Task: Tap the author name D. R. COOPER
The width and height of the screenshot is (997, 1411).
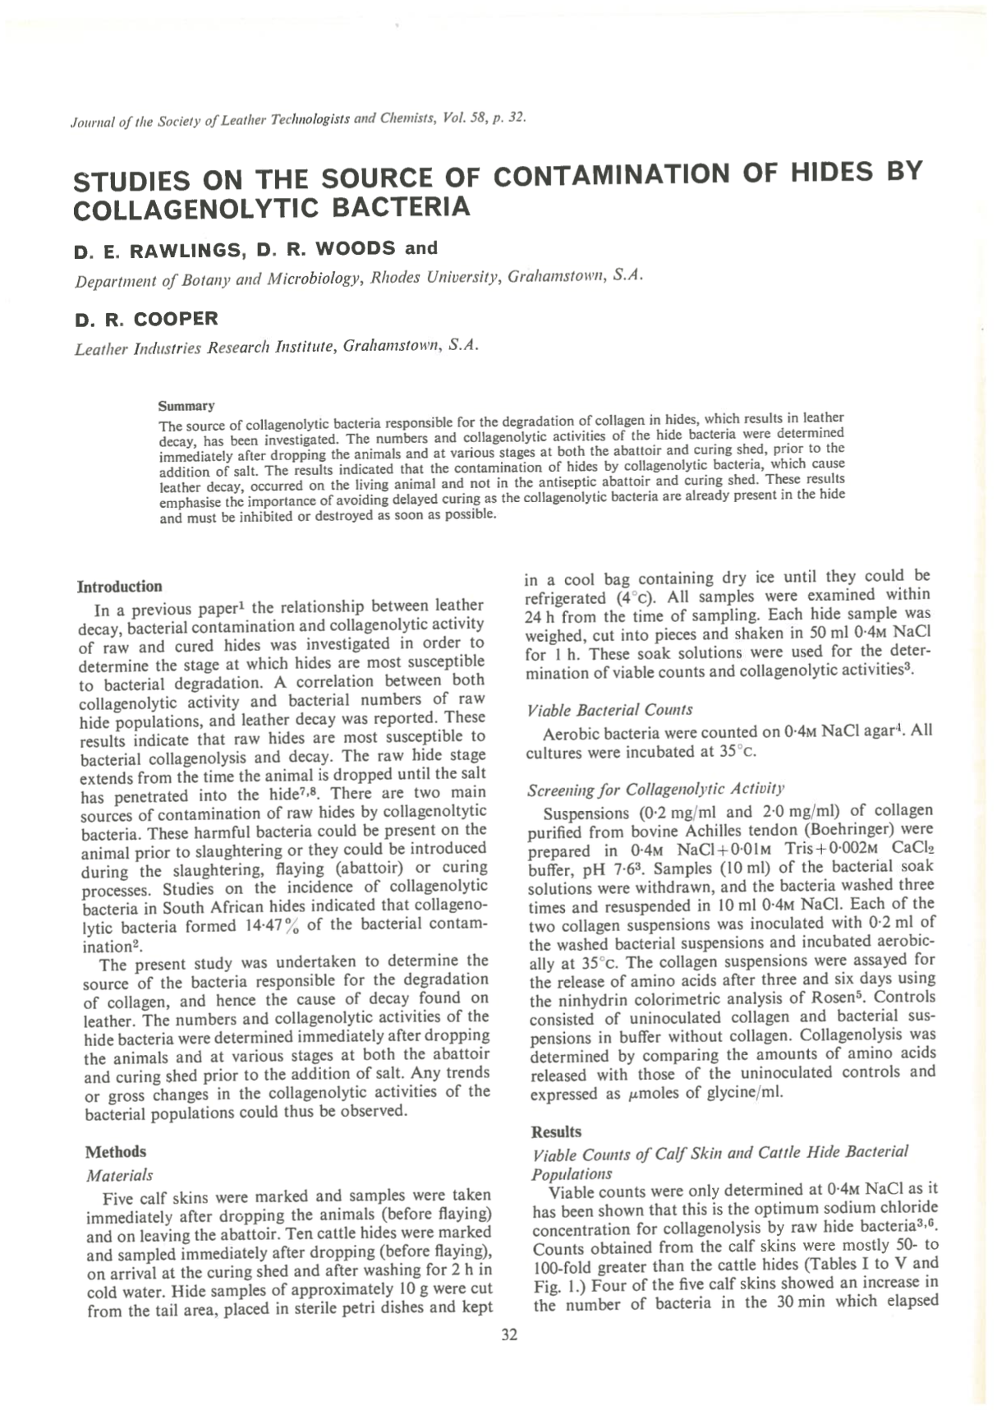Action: click(x=146, y=319)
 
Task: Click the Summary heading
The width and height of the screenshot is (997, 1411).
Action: click(x=186, y=406)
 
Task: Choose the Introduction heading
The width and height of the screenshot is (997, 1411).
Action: click(x=120, y=586)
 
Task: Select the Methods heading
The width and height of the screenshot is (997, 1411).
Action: click(x=116, y=1151)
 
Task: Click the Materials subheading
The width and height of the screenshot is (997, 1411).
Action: click(x=120, y=1175)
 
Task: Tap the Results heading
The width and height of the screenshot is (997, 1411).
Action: click(x=556, y=1132)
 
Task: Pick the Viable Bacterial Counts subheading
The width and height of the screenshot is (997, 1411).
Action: click(x=609, y=709)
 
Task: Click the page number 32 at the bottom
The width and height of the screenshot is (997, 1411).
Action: click(x=509, y=1335)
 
